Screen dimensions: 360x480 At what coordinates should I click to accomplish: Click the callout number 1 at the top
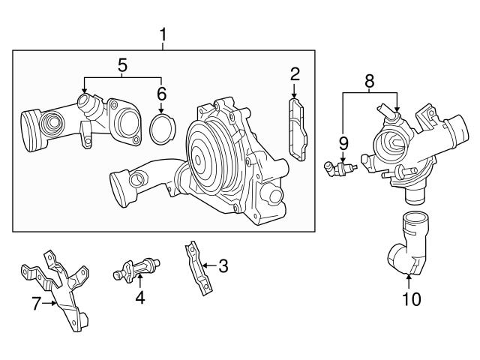163,35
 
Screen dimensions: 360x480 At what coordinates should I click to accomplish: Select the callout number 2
295,73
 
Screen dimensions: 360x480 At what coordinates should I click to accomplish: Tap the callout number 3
223,265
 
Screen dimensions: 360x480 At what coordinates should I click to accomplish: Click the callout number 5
122,65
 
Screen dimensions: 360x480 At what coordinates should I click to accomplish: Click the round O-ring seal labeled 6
161,128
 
